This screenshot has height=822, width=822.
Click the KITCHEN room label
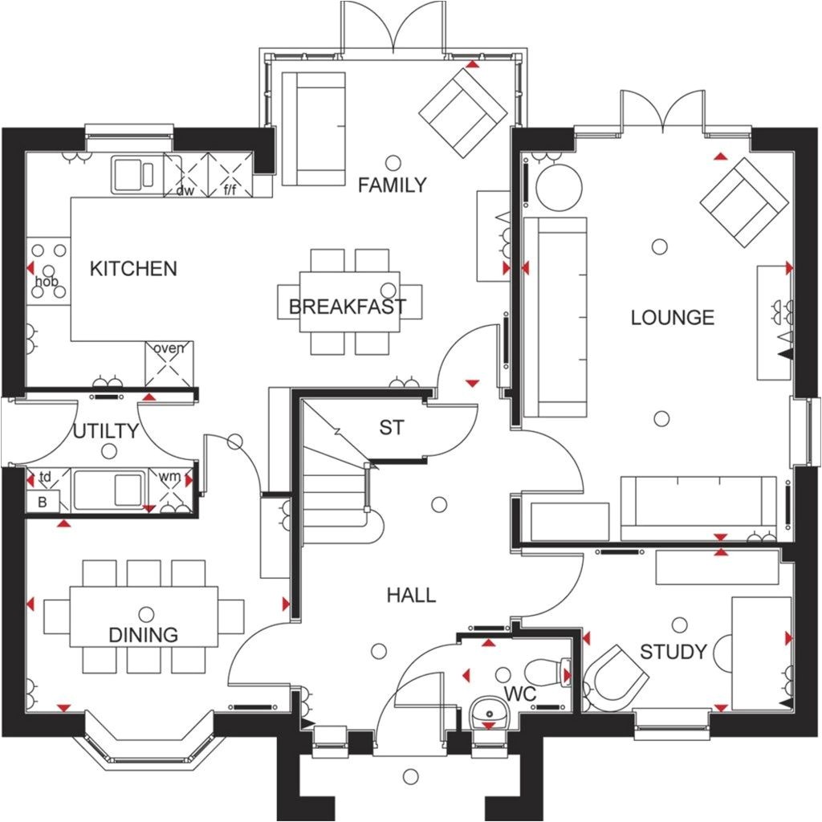(x=133, y=268)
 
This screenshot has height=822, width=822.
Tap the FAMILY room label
(x=392, y=185)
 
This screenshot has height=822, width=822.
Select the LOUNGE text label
(x=672, y=317)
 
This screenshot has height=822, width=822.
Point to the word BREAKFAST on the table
(x=348, y=307)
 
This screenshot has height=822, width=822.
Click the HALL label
(x=411, y=595)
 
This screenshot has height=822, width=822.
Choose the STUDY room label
(x=673, y=651)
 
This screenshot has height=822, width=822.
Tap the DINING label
(x=144, y=635)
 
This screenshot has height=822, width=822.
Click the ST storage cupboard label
(x=392, y=428)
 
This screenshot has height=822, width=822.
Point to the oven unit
(x=169, y=364)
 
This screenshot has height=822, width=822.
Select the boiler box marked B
(x=42, y=503)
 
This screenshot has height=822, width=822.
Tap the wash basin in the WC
(x=488, y=710)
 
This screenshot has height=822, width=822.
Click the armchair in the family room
(x=463, y=112)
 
